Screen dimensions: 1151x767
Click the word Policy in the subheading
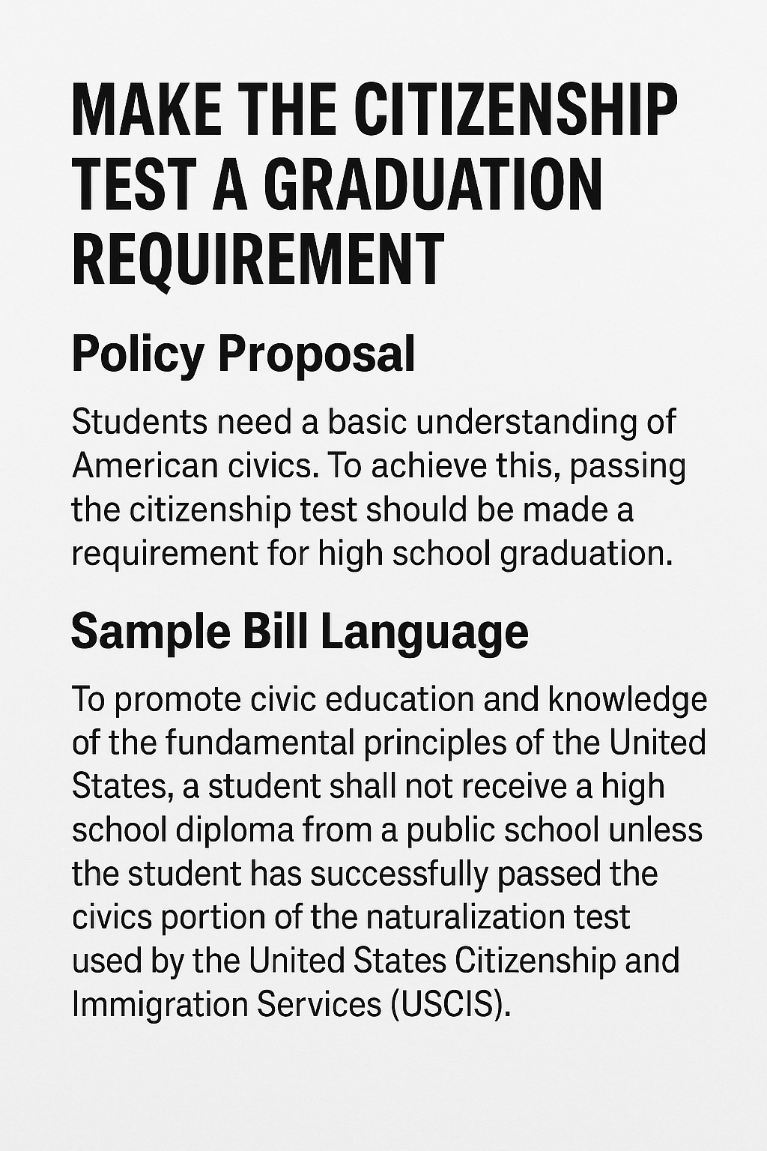coord(138,354)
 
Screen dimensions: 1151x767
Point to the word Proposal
coord(316,354)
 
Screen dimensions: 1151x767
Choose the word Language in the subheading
coord(424,631)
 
